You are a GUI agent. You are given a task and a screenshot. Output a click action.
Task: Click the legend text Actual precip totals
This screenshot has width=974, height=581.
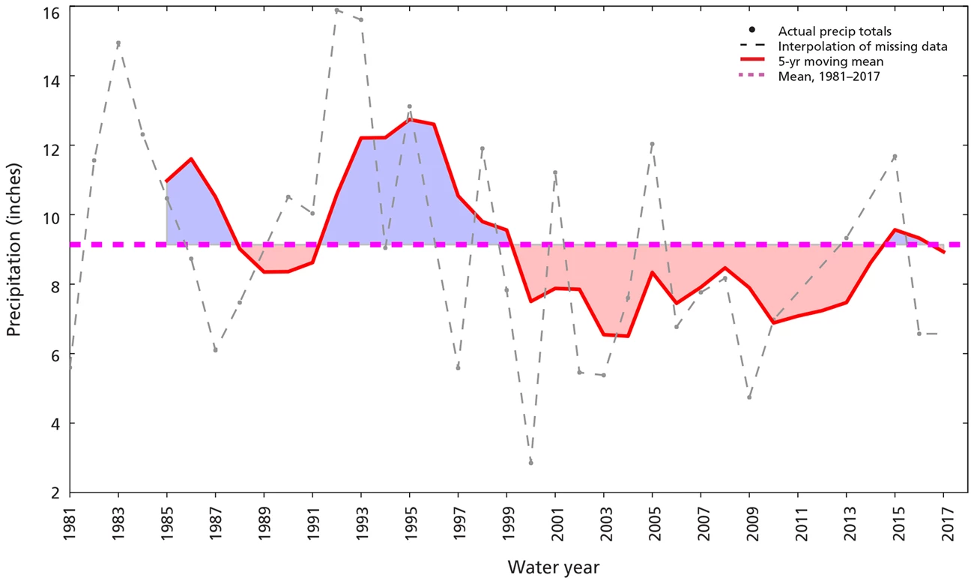pos(835,31)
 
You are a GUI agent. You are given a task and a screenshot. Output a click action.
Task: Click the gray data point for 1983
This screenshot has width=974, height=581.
pos(118,43)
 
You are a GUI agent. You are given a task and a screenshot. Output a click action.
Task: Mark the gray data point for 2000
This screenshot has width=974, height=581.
pos(530,463)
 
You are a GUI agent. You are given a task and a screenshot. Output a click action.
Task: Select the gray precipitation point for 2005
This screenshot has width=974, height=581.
pos(652,144)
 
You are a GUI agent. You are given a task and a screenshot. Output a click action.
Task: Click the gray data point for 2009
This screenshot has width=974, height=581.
pos(749,397)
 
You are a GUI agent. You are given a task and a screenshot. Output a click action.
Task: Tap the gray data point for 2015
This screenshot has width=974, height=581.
pos(895,156)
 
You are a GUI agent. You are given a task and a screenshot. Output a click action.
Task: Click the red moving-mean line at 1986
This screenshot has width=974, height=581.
pos(191,159)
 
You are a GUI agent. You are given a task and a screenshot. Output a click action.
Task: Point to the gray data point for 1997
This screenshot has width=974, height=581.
pos(458,368)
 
